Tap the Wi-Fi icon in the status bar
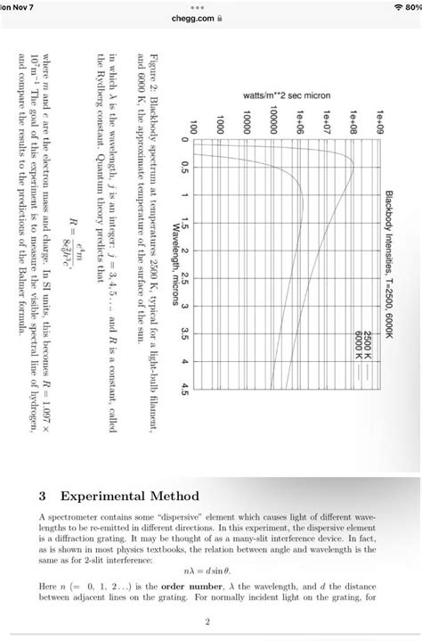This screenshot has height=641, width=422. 391,6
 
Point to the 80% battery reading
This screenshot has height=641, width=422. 411,6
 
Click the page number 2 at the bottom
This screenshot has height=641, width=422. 207,620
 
